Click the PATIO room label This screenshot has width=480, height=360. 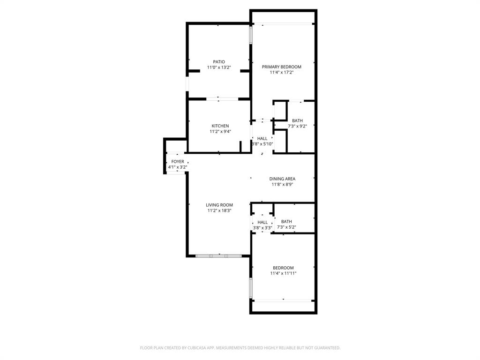click(x=219, y=61)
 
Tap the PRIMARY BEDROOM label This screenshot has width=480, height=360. click(x=281, y=67)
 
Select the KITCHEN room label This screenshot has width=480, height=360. click(x=220, y=126)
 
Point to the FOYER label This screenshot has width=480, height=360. click(x=178, y=161)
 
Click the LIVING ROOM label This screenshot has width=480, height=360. click(x=219, y=205)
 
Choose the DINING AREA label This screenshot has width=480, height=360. click(x=282, y=179)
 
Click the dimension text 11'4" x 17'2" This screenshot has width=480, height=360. click(x=281, y=72)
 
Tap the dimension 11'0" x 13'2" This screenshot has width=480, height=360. click(x=219, y=67)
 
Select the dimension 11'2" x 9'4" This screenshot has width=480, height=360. click(x=220, y=131)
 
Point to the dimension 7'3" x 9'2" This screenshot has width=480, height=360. click(x=297, y=126)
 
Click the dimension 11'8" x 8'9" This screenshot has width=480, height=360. click(x=282, y=184)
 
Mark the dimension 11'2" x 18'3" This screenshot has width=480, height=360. click(x=219, y=210)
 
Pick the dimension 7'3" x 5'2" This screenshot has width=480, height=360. click(x=286, y=227)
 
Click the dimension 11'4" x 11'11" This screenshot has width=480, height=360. click(x=283, y=273)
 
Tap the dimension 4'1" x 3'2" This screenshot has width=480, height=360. click(x=178, y=167)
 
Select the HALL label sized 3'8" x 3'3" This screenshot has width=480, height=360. click(x=262, y=222)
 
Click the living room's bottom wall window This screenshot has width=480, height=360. click(x=218, y=255)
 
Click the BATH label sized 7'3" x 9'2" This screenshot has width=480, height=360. click(x=297, y=120)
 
